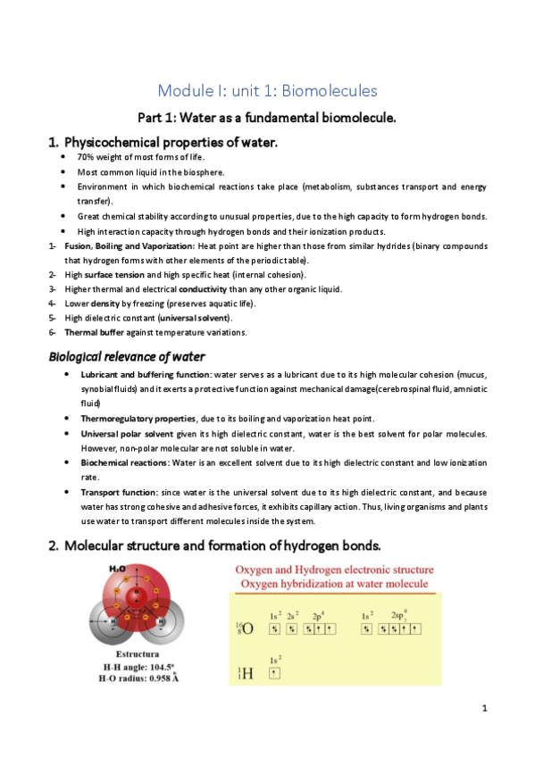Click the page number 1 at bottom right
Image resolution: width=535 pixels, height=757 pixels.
[x=482, y=709]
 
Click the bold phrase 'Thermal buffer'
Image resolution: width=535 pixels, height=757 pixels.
[x=92, y=332]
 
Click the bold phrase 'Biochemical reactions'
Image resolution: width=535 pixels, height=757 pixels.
[x=121, y=462]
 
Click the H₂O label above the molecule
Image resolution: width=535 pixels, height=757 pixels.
[x=116, y=569]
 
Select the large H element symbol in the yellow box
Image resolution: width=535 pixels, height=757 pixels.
[x=247, y=673]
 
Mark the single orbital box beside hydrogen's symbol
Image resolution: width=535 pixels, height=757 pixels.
[x=274, y=674]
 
